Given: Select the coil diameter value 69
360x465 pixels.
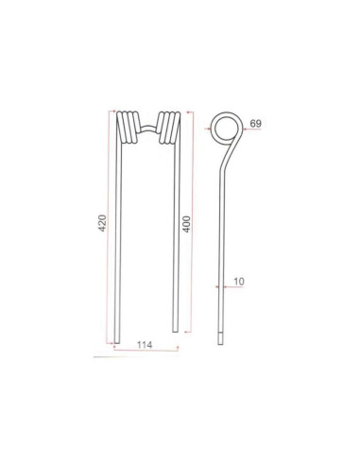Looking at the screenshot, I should pyautogui.click(x=256, y=124).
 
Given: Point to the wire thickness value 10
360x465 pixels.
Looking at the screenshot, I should pyautogui.click(x=239, y=282).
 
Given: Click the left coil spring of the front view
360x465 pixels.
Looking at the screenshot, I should pyautogui.click(x=125, y=128).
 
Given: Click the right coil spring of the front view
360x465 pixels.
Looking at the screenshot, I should pyautogui.click(x=166, y=128).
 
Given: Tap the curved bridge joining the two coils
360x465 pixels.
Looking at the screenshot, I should pyautogui.click(x=146, y=120).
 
